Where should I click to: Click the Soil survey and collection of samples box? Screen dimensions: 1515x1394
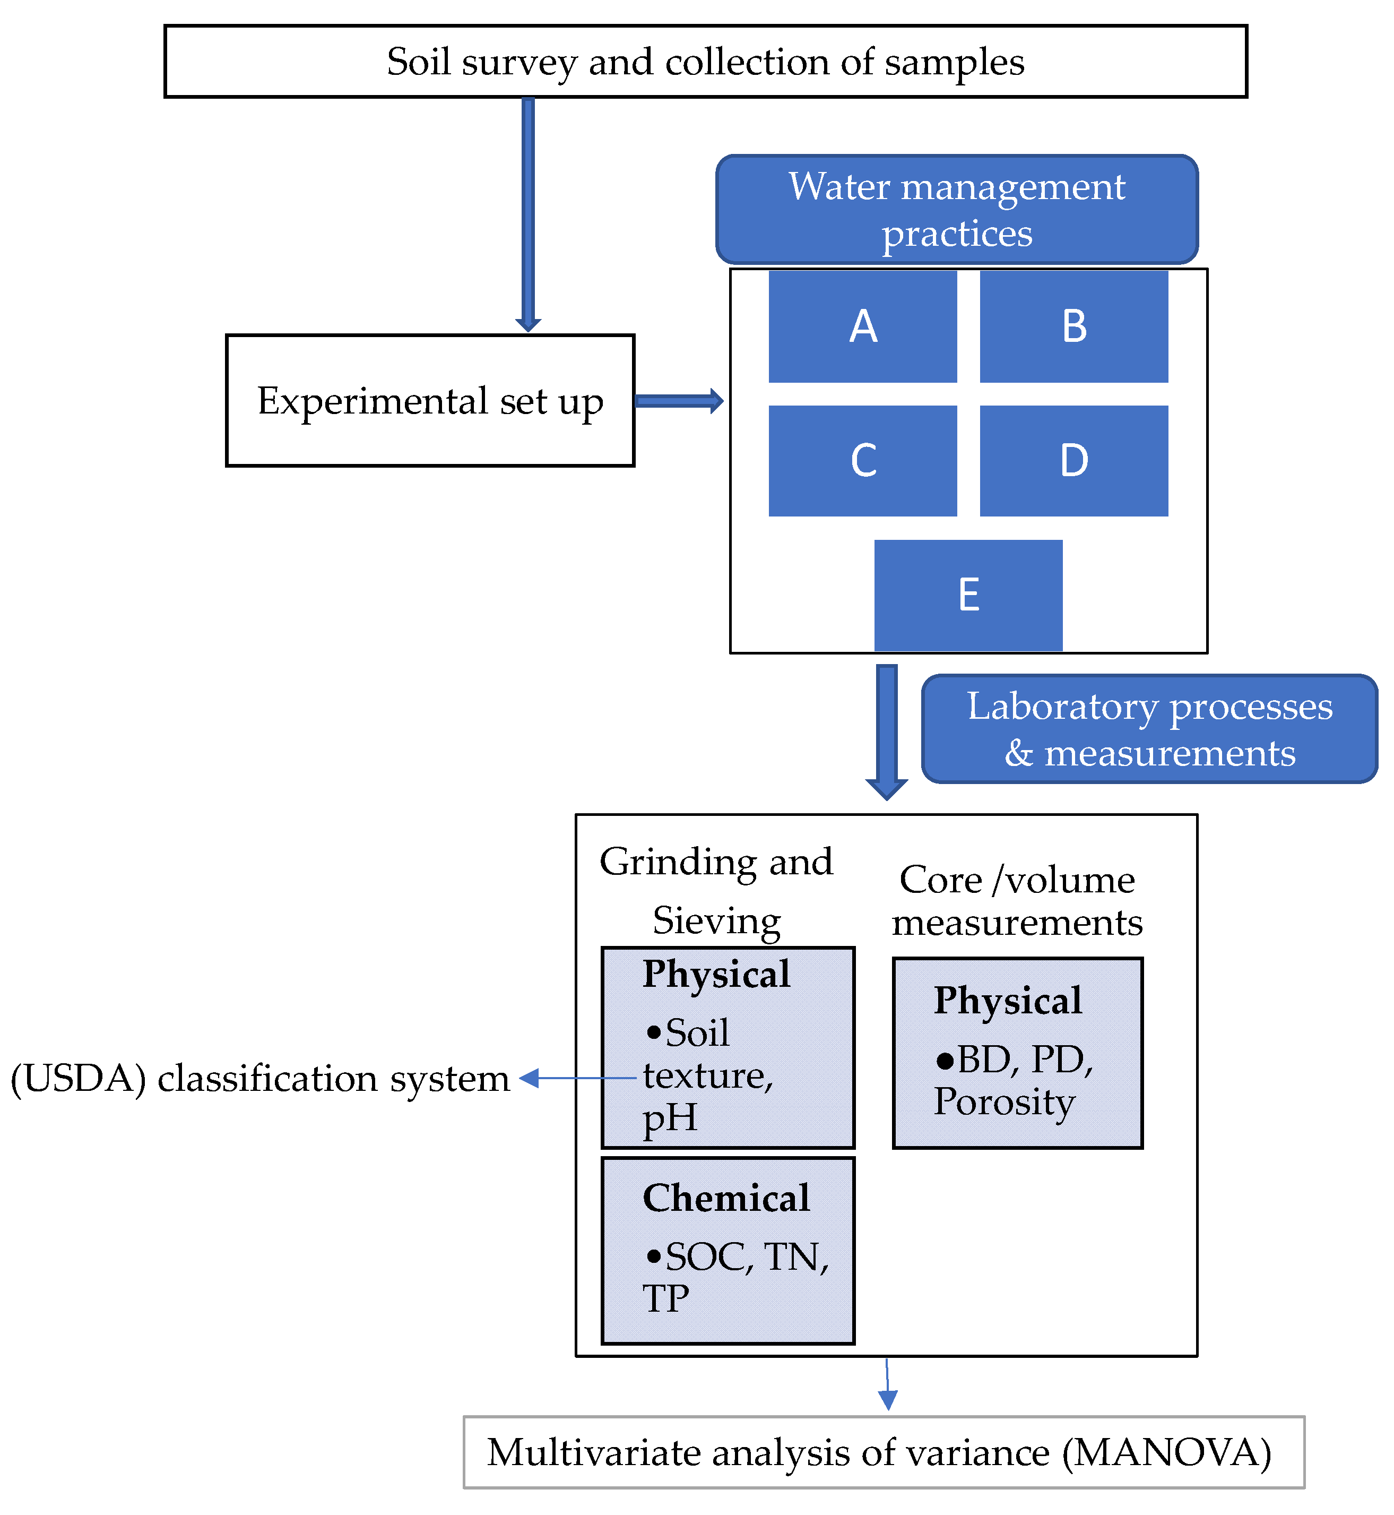pos(705,61)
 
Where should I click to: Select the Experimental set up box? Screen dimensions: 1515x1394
pos(429,401)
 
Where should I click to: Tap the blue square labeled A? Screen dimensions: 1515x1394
pos(862,326)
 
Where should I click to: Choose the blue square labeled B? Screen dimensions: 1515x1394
pos(1073,326)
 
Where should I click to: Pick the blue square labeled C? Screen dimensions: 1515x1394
pos(862,460)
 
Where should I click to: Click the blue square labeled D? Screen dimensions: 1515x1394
pos(1073,460)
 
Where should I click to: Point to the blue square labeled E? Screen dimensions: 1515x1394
pos(968,595)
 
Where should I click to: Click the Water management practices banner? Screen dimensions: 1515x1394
pos(957,209)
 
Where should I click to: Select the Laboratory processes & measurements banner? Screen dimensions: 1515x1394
pos(1149,729)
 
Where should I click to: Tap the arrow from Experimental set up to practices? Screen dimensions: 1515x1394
pos(678,401)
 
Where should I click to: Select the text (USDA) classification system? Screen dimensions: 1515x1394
pos(260,1078)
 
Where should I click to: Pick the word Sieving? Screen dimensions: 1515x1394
pos(716,920)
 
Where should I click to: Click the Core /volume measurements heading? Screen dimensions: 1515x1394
pos(1017,901)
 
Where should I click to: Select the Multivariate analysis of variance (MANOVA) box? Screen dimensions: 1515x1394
pos(884,1452)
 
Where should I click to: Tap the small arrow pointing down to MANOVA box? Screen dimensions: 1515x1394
pos(887,1384)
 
